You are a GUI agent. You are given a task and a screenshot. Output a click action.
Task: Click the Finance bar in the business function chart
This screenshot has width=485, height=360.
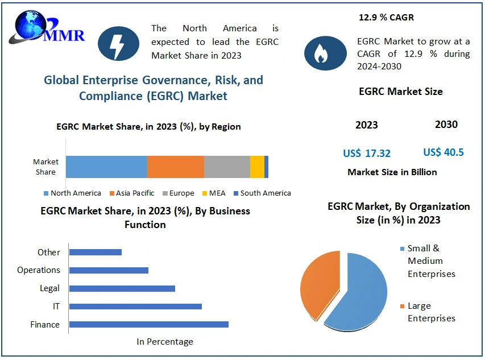pos(148,324)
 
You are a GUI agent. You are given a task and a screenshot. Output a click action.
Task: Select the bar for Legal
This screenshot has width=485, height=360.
pos(122,288)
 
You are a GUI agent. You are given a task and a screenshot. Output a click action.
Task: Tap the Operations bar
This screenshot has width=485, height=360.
pos(109,270)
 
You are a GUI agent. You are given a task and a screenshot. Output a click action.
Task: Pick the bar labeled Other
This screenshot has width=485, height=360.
pos(95,252)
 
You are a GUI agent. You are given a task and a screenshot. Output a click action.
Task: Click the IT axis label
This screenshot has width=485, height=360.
pos(56,307)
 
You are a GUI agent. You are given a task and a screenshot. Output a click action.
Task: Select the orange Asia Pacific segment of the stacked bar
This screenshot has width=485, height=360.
pos(175,167)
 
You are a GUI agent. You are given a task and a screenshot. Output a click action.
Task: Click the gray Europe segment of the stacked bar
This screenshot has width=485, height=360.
pos(227,167)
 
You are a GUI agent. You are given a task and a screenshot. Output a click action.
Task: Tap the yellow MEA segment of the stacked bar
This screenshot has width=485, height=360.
pos(257,167)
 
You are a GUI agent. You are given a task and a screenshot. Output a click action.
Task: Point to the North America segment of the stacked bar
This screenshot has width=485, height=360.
pos(106,167)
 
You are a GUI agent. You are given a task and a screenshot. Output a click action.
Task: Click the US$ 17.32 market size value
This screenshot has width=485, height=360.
pos(367,154)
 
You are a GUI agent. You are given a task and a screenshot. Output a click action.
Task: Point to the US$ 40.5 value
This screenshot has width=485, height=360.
pos(443,152)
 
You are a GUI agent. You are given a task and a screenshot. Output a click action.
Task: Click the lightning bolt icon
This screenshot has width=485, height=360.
pos(118,44)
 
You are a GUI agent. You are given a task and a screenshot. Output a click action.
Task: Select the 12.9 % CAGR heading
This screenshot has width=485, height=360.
pos(386,18)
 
